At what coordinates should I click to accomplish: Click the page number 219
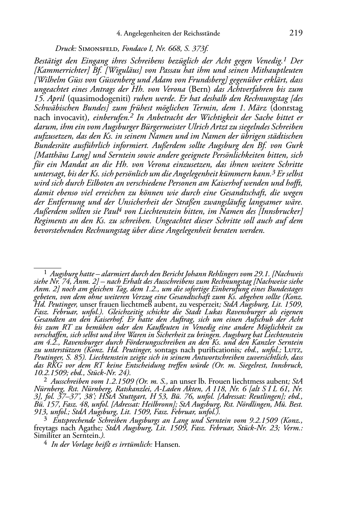[296, 33]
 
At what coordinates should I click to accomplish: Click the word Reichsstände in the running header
[202, 34]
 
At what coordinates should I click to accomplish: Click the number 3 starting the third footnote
[45, 418]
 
